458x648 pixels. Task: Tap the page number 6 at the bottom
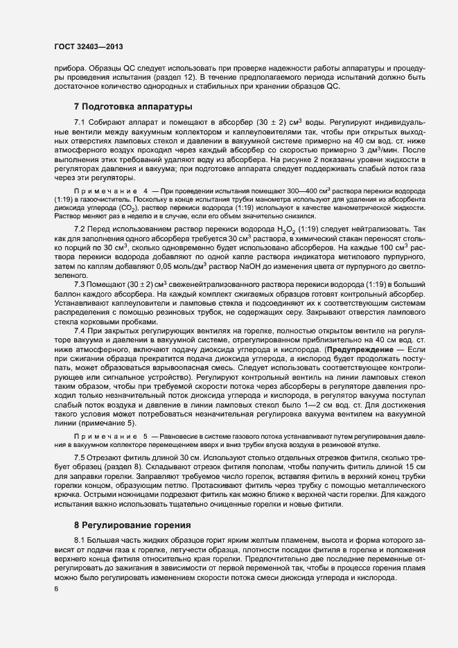tap(56, 590)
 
